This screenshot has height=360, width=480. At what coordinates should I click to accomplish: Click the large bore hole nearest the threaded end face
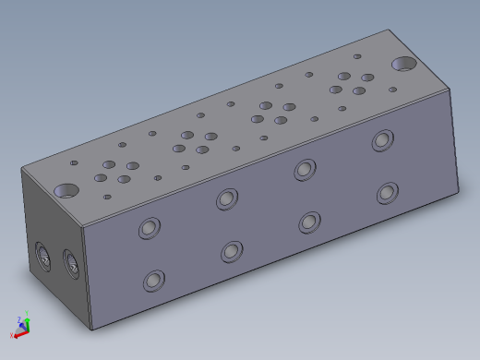pyautogui.click(x=66, y=191)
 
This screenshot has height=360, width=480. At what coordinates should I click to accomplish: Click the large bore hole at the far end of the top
pyautogui.click(x=403, y=64)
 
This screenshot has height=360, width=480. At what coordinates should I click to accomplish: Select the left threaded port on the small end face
pyautogui.click(x=42, y=254)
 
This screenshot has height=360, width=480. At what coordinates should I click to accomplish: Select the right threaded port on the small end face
pyautogui.click(x=69, y=262)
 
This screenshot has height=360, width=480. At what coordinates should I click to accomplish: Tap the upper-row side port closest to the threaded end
pyautogui.click(x=148, y=229)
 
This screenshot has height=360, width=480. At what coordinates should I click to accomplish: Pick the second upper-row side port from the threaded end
pyautogui.click(x=227, y=198)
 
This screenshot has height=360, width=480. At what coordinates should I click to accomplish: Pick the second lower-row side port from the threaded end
pyautogui.click(x=232, y=251)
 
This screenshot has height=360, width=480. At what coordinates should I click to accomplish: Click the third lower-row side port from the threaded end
pyautogui.click(x=309, y=222)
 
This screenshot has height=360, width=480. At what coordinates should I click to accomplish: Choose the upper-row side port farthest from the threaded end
pyautogui.click(x=382, y=140)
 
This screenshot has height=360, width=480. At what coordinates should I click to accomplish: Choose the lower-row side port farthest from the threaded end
pyautogui.click(x=387, y=193)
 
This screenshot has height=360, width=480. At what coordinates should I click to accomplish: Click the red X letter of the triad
pyautogui.click(x=12, y=335)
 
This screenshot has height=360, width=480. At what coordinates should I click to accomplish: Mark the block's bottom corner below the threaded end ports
pyautogui.click(x=91, y=329)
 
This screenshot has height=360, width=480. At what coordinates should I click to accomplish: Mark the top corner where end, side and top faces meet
pyautogui.click(x=85, y=225)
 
